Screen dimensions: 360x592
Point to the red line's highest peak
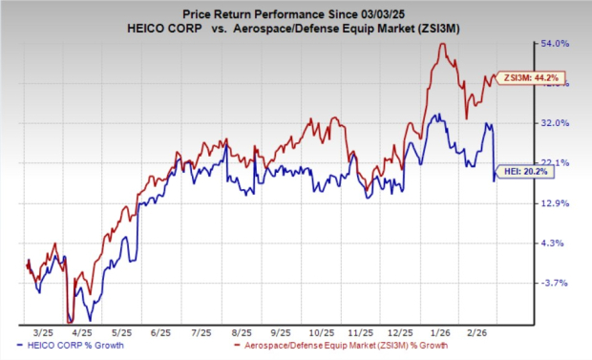441,44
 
